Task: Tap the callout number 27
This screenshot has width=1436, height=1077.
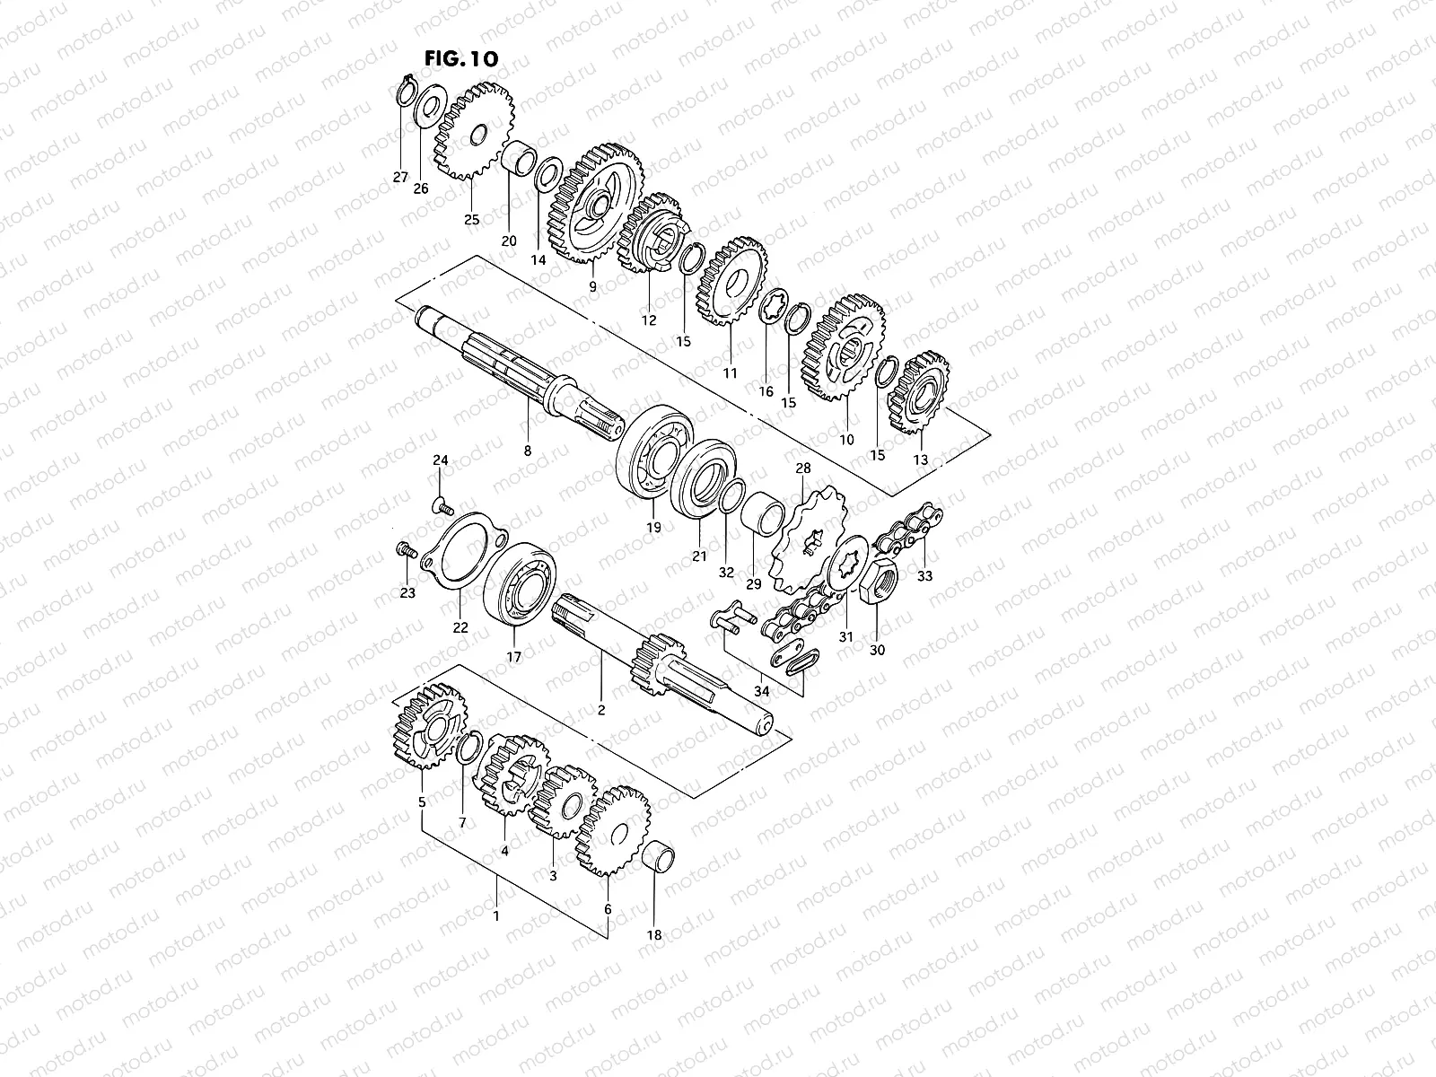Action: coord(400,178)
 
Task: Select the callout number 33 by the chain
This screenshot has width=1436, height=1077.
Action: coord(924,576)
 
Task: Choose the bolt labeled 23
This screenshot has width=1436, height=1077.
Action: coord(403,550)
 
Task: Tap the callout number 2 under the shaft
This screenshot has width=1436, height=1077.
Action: coord(601,710)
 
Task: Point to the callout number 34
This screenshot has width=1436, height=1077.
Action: coord(762,690)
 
